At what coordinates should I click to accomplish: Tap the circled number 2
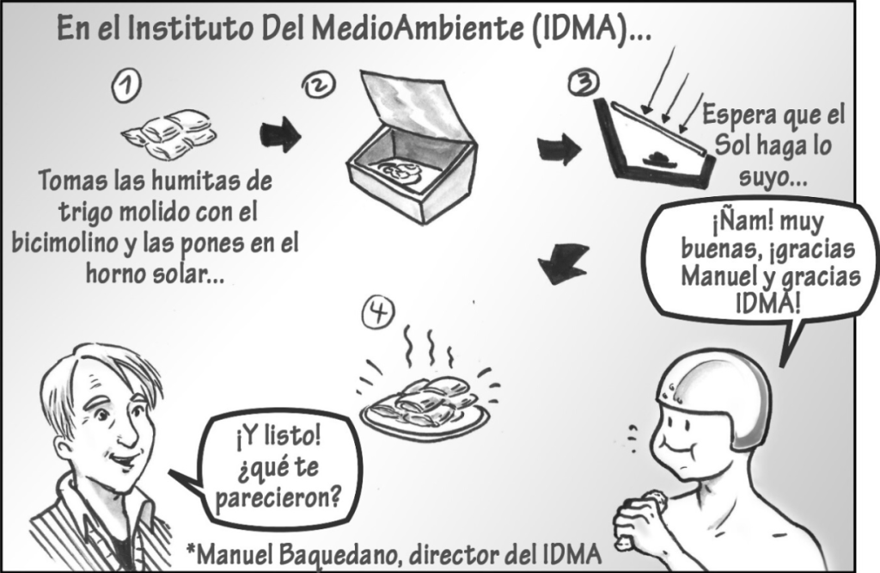pos(319,85)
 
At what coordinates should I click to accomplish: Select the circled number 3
pos(584,83)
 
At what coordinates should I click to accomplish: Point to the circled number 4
pos(378,312)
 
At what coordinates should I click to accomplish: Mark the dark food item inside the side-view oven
pos(656,157)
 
